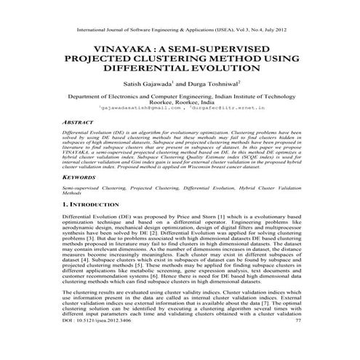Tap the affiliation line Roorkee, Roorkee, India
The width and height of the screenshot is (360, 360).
(x=180, y=101)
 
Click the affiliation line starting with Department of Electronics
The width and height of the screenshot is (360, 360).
(x=180, y=95)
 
